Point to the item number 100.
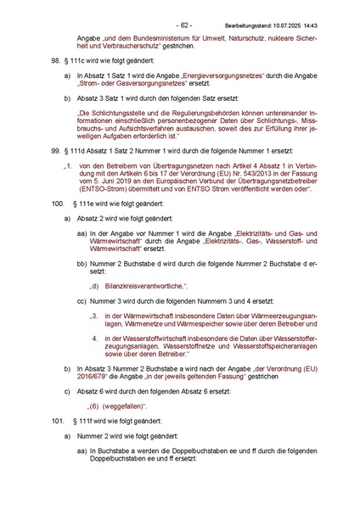(x=57, y=205)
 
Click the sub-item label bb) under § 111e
(x=82, y=265)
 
